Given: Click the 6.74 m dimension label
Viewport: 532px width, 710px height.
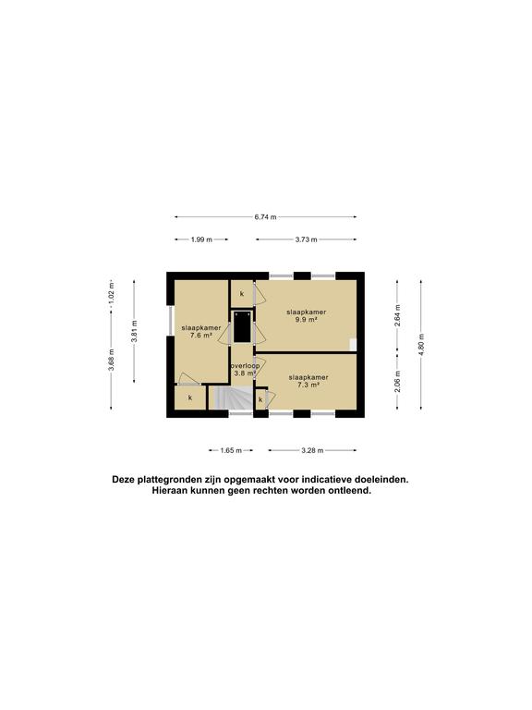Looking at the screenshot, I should [x=266, y=217].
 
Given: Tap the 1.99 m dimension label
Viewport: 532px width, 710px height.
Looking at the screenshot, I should [x=201, y=239].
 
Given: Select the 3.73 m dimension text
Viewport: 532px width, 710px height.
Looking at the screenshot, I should [x=307, y=239].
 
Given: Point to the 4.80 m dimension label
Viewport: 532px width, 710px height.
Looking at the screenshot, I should [x=422, y=343].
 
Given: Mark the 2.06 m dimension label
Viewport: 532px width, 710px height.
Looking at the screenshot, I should [x=397, y=385].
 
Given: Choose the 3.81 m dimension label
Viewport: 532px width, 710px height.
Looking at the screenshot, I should [x=135, y=337].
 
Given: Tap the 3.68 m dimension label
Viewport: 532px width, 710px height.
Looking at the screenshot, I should [x=111, y=359].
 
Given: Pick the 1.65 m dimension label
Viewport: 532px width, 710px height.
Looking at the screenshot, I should [x=231, y=451].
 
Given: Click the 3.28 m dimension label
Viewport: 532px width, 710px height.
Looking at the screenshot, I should [x=313, y=451].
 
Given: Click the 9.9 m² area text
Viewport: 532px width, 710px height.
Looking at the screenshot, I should [x=307, y=320].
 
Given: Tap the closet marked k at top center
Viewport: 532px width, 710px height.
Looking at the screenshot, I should [x=242, y=293].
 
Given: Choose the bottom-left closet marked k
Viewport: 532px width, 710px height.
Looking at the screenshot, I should [x=190, y=398].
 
